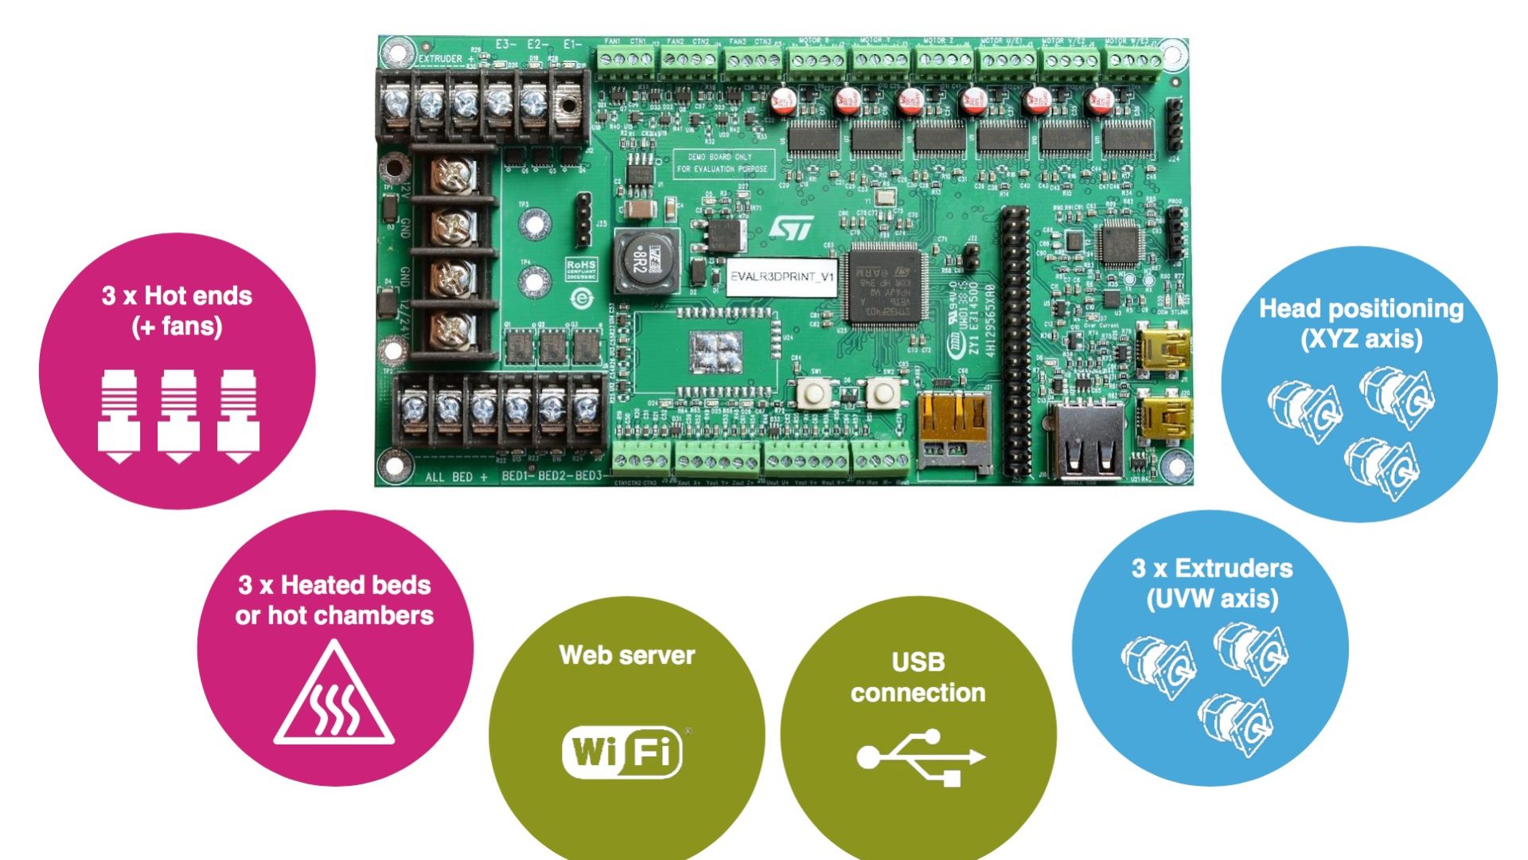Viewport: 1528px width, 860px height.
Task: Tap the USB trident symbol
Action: (921, 756)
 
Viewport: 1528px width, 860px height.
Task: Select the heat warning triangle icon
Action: (334, 694)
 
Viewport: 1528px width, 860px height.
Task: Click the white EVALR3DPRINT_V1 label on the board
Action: (782, 277)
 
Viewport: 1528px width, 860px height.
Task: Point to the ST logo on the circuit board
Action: (791, 228)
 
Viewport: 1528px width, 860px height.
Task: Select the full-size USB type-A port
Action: (1087, 442)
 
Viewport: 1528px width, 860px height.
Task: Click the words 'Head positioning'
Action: (1361, 309)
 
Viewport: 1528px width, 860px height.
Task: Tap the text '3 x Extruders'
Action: (1212, 569)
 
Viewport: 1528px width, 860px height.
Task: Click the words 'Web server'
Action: (627, 655)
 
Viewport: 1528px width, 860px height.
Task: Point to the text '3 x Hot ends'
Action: (177, 296)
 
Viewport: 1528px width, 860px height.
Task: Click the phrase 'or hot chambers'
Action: (334, 616)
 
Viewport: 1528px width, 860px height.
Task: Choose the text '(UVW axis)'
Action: (1212, 599)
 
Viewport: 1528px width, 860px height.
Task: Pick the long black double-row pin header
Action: (1015, 342)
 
